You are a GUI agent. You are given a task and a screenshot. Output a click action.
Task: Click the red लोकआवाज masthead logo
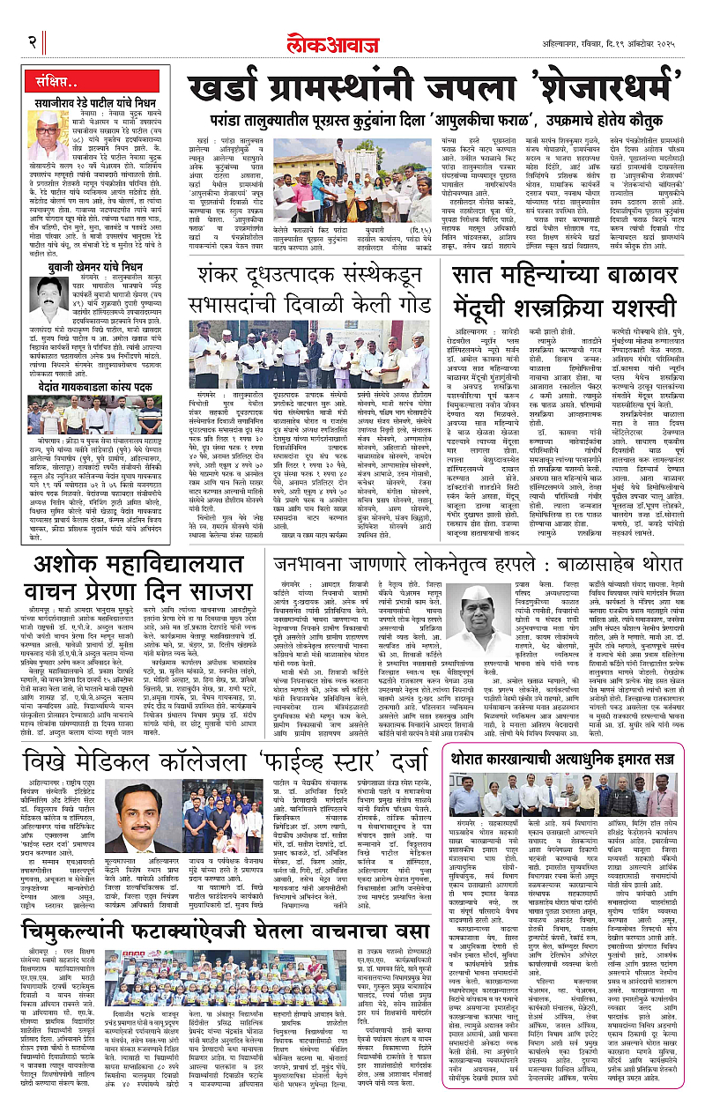pos(352,41)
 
